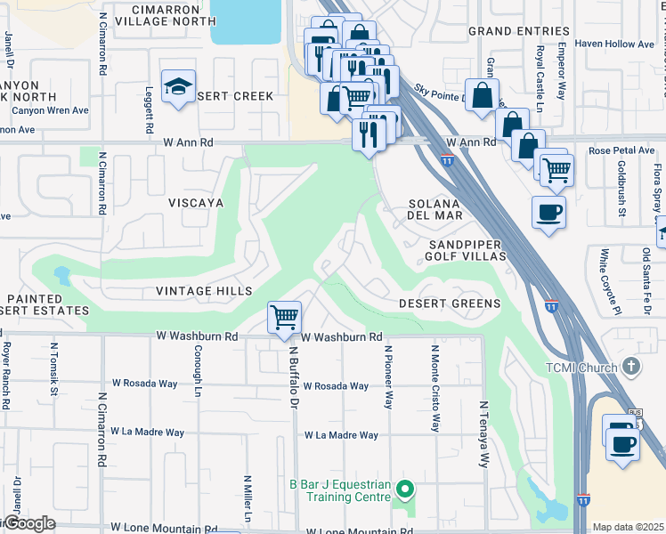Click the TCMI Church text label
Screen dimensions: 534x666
coord(582,368)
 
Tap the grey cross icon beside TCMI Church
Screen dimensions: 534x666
coord(630,366)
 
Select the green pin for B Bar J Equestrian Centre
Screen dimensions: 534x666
coord(405,488)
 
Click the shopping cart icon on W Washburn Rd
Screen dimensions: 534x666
coord(284,317)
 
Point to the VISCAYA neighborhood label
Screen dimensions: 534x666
coord(195,203)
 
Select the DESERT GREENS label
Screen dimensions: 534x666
coord(449,303)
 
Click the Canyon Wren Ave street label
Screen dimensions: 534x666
coord(51,110)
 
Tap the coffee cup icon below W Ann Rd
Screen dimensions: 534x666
coord(548,213)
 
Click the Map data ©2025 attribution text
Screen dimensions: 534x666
coord(628,527)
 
